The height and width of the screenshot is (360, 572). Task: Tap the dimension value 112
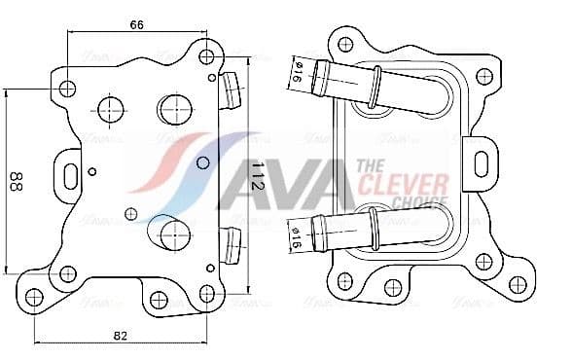(x=257, y=175)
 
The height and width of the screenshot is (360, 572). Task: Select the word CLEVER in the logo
(x=403, y=184)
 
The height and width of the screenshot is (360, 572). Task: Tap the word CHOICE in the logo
(x=417, y=202)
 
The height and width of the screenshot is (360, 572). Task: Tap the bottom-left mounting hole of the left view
(x=34, y=297)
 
